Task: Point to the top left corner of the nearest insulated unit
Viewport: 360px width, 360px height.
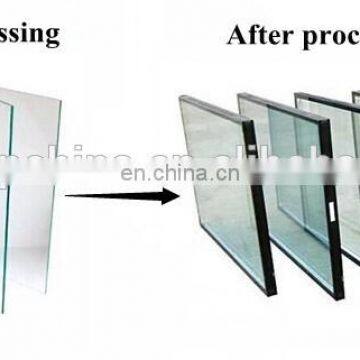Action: click(181, 97)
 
